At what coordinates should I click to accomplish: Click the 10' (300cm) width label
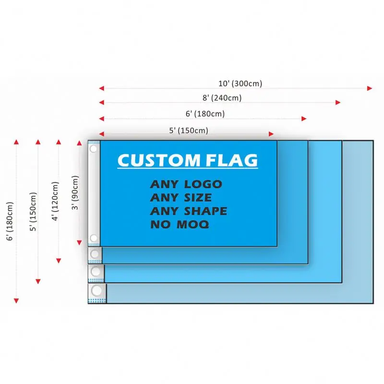pyautogui.click(x=240, y=84)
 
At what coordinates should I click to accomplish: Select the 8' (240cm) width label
pyautogui.click(x=221, y=98)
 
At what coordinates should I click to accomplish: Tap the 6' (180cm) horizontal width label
pyautogui.click(x=205, y=114)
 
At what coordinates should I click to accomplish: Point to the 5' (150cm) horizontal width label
pyautogui.click(x=189, y=130)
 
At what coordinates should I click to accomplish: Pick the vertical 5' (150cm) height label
pyautogui.click(x=33, y=212)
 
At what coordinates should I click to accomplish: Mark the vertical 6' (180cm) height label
pyautogui.click(x=11, y=221)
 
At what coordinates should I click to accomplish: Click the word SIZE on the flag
pyautogui.click(x=195, y=197)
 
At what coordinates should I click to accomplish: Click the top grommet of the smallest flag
pyautogui.click(x=94, y=149)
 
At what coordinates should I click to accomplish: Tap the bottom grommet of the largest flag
pyautogui.click(x=97, y=290)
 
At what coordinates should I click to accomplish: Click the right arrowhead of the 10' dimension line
pyautogui.click(x=370, y=88)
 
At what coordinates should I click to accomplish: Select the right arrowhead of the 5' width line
pyautogui.click(x=271, y=134)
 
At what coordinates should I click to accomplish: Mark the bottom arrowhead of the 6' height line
pyautogui.click(x=16, y=300)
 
